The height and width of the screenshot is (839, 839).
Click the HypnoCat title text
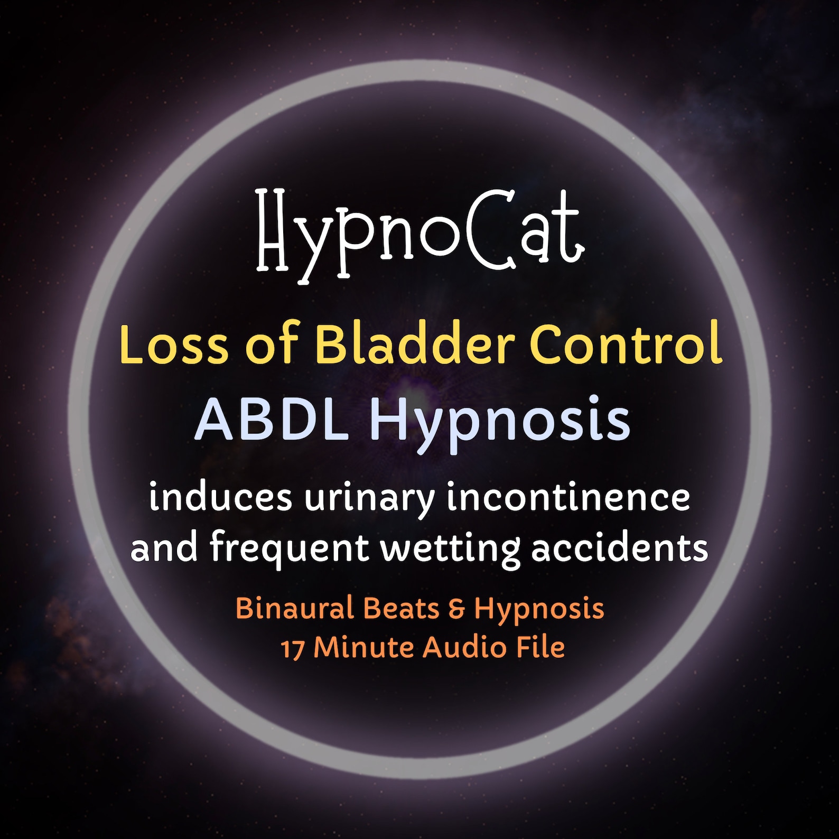coord(420,232)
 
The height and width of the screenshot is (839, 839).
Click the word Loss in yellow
coord(174,344)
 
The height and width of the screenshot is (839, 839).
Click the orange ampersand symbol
coord(456,609)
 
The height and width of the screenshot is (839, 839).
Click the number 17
coord(292,649)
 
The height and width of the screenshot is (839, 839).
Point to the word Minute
coord(365,648)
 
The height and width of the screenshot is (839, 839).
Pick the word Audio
coord(465,648)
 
